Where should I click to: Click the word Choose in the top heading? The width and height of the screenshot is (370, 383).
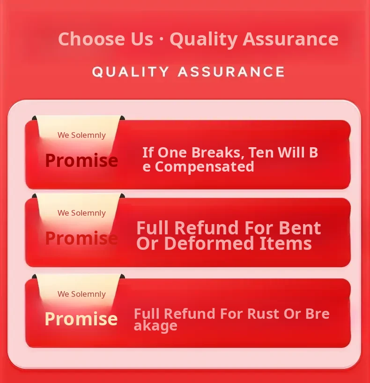pyautogui.click(x=91, y=39)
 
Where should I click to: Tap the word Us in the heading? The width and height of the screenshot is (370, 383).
pyautogui.click(x=142, y=39)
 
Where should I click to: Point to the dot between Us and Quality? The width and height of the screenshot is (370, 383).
pyautogui.click(x=161, y=39)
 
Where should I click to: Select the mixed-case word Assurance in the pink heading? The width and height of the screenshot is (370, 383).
pyautogui.click(x=290, y=39)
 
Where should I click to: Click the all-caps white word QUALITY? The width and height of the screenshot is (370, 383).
pyautogui.click(x=130, y=72)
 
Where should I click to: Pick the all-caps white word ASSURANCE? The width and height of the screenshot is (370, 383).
pyautogui.click(x=231, y=72)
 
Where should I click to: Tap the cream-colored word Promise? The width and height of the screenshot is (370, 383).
pyautogui.click(x=81, y=319)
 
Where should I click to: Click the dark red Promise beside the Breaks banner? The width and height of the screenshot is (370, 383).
pyautogui.click(x=81, y=160)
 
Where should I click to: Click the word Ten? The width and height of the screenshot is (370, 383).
pyautogui.click(x=261, y=152)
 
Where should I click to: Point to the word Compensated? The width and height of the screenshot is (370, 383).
pyautogui.click(x=205, y=167)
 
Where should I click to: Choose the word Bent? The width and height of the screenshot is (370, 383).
pyautogui.click(x=299, y=228)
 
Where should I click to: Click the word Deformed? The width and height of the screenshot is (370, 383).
pyautogui.click(x=209, y=243)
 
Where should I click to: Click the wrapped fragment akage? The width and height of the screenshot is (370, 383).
pyautogui.click(x=155, y=326)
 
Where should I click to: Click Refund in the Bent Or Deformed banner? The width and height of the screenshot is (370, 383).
pyautogui.click(x=206, y=228)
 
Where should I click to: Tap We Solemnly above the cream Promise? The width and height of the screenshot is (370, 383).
pyautogui.click(x=81, y=294)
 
